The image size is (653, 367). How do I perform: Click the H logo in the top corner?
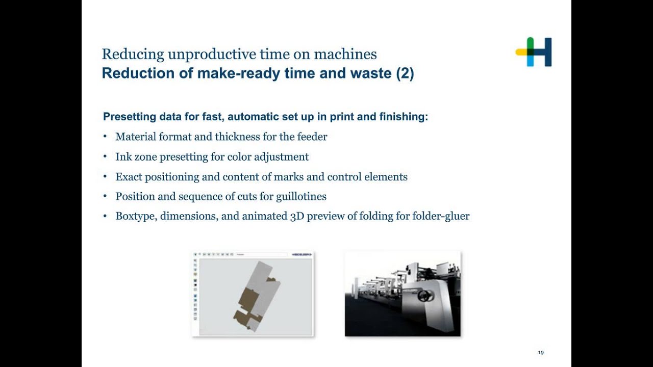[534, 51]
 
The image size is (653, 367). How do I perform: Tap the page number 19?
[541, 352]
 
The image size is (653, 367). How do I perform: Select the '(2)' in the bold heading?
[405, 73]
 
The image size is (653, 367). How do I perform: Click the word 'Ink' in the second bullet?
[122, 156]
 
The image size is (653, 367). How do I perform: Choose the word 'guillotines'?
[301, 196]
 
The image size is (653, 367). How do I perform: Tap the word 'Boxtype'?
[137, 216]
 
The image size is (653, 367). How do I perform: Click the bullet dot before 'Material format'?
[105, 137]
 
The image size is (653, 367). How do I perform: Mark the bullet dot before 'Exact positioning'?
[105, 176]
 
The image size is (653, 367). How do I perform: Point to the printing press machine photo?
[403, 294]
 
